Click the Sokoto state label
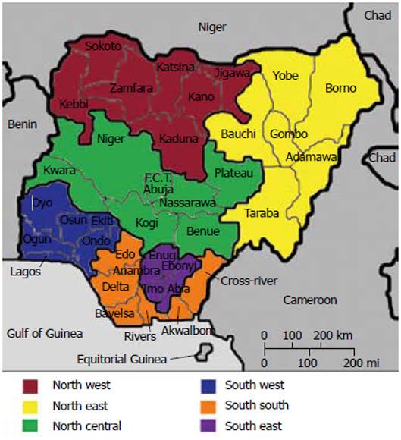[x=102, y=46]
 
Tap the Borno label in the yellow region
[x=340, y=88]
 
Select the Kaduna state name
[x=178, y=140]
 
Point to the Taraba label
[x=261, y=213]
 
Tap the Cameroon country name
[x=310, y=300]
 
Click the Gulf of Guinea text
[x=42, y=333]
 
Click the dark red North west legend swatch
[x=32, y=385]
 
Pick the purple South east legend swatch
[x=205, y=426]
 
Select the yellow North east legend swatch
[x=32, y=406]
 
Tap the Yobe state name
[x=285, y=76]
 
